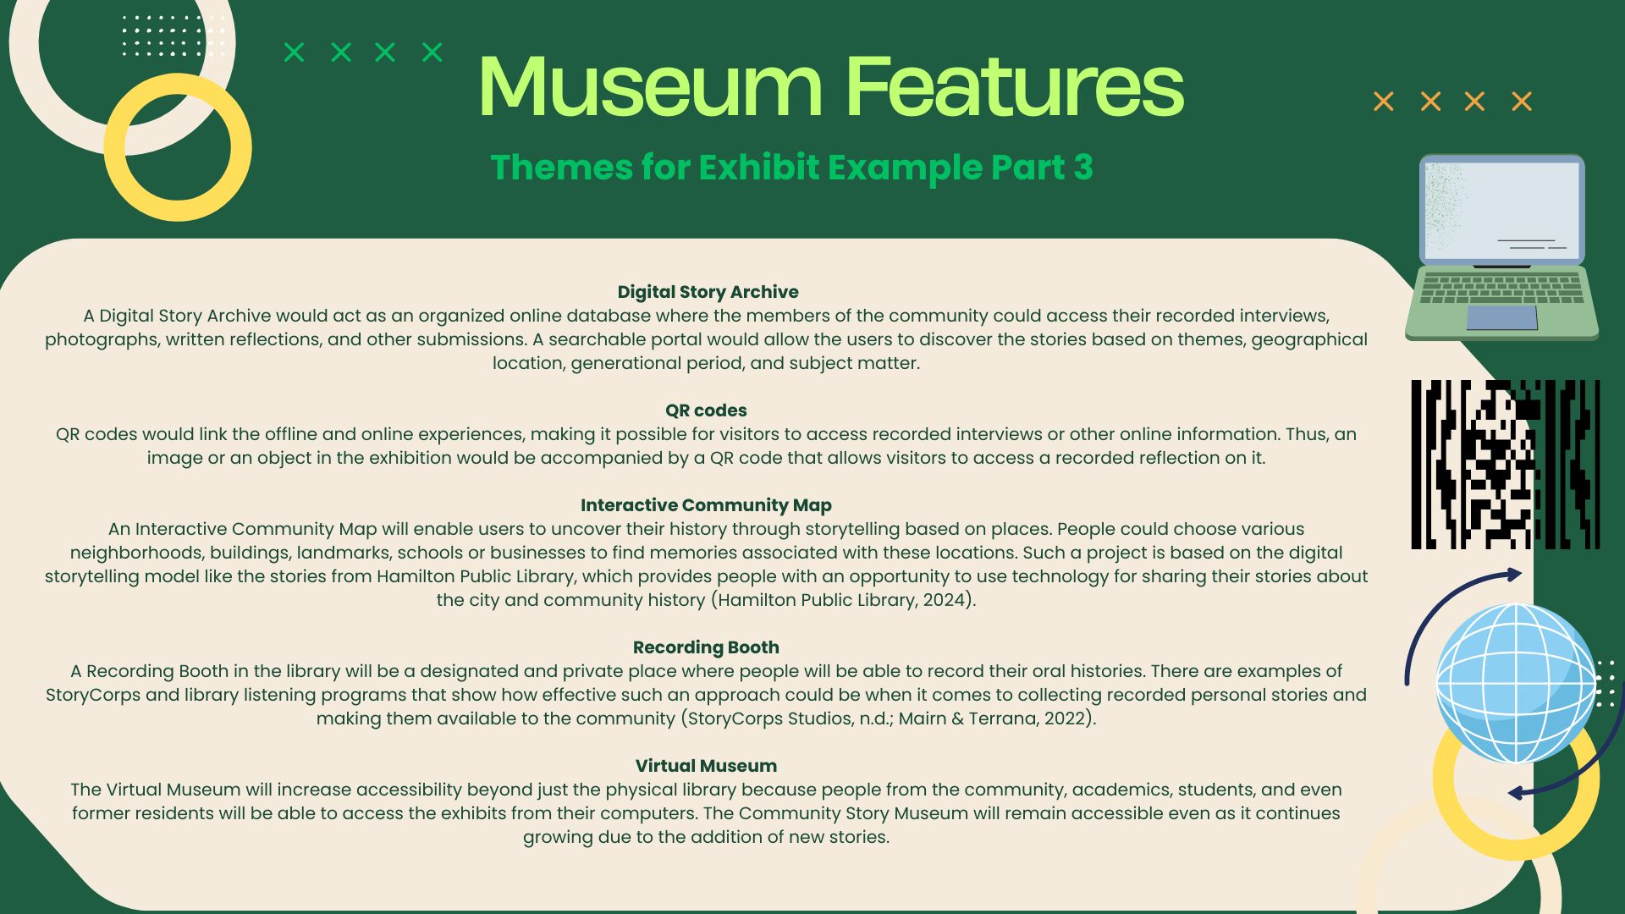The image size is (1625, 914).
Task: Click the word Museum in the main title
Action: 650,86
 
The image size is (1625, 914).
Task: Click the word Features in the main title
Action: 1015,86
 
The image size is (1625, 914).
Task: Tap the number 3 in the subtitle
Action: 1083,168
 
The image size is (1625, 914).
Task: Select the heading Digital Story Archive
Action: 708,292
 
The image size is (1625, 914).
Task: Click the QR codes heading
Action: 706,410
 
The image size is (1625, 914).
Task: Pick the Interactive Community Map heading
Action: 706,505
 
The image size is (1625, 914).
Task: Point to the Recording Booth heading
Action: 706,647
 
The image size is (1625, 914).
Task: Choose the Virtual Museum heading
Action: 706,766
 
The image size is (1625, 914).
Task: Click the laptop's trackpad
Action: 1501,317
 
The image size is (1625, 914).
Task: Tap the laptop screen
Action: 1501,211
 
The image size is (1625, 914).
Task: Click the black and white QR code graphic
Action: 1505,465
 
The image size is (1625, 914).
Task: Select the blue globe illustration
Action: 1515,682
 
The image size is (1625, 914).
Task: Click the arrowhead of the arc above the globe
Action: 1512,575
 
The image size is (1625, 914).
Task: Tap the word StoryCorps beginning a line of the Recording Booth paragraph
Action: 93,695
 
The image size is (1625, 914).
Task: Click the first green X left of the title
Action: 294,52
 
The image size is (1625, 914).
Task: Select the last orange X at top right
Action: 1522,102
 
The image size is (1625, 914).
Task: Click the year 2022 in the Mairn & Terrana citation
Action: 1065,719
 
